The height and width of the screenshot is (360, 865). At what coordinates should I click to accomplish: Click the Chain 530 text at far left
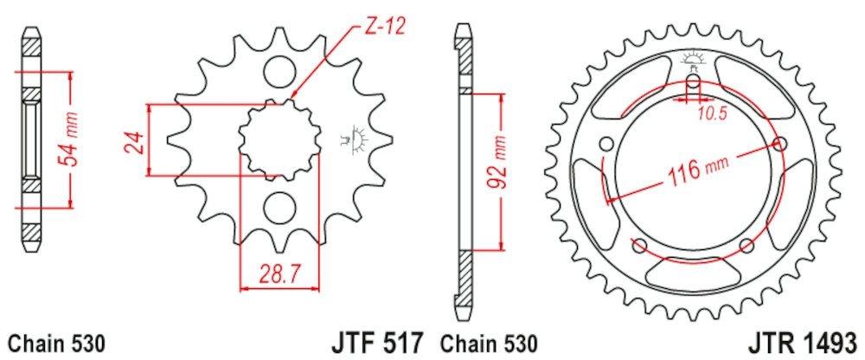point(56,343)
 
